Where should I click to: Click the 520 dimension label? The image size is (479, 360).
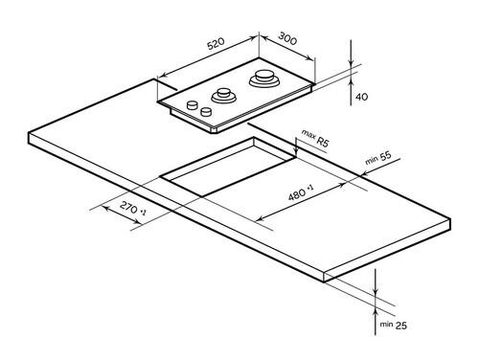[217, 44]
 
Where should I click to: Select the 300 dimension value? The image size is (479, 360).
[287, 38]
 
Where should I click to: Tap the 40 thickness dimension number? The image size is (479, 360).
[361, 97]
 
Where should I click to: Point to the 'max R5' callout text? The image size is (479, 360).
[315, 138]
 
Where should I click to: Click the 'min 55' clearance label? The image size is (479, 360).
[378, 158]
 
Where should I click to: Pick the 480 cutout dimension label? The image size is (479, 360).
[301, 191]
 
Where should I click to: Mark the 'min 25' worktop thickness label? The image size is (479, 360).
[394, 325]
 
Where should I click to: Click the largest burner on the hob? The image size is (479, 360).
[264, 79]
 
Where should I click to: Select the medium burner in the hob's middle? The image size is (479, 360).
[223, 95]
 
